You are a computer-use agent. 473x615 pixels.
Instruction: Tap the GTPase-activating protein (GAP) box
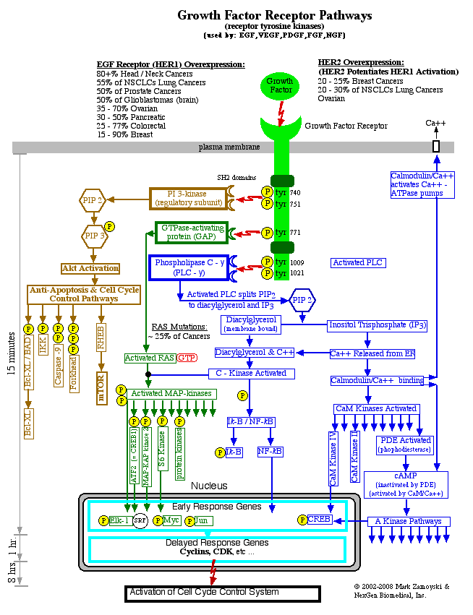click(191, 232)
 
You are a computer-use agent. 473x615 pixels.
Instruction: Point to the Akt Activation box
click(90, 268)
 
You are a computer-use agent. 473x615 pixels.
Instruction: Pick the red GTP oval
click(187, 358)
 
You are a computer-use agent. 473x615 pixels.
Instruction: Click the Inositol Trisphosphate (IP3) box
click(378, 325)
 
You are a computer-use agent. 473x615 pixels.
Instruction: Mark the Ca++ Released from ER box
click(372, 353)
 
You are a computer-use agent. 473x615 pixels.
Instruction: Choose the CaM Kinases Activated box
click(375, 409)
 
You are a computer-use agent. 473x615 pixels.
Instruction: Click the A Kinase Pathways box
click(409, 521)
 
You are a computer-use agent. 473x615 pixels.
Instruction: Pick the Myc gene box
click(171, 520)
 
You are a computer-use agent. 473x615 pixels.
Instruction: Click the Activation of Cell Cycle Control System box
click(222, 593)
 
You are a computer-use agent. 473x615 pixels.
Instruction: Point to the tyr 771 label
click(288, 232)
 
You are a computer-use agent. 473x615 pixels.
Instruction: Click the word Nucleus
click(209, 486)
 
